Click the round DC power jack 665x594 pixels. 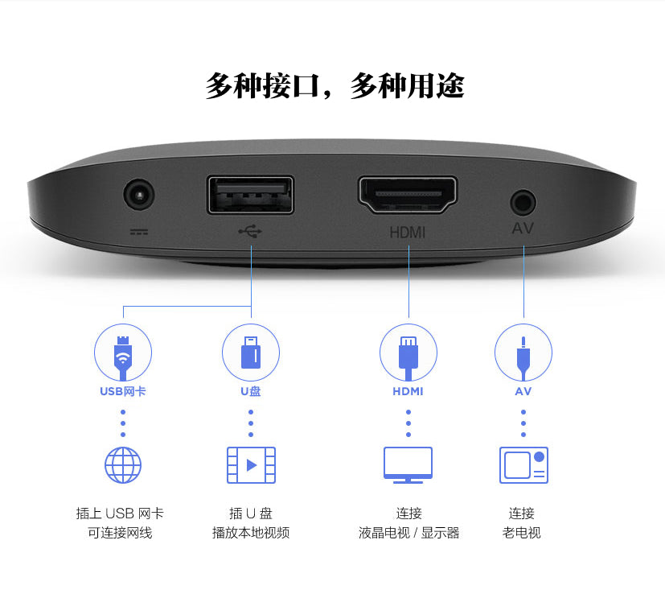click(x=138, y=196)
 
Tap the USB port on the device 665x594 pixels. click(x=250, y=195)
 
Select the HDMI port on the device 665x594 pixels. click(x=408, y=196)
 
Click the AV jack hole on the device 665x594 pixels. click(x=523, y=200)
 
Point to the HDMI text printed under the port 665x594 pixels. click(x=408, y=233)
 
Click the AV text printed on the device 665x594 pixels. click(x=523, y=229)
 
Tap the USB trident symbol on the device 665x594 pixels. click(x=250, y=232)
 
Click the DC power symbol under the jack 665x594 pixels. click(x=138, y=232)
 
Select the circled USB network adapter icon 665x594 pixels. click(x=123, y=353)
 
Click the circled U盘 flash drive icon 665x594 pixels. click(x=250, y=353)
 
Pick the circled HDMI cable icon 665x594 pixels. click(x=408, y=353)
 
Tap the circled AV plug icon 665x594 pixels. click(x=523, y=353)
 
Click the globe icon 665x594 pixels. click(x=123, y=464)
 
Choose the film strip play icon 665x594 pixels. click(x=251, y=464)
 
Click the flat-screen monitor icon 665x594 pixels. click(x=408, y=464)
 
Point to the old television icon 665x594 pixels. click(x=523, y=464)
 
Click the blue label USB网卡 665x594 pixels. click(x=123, y=392)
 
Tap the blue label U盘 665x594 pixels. click(x=250, y=392)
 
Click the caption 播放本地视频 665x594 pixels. click(x=250, y=533)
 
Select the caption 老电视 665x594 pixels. click(x=522, y=533)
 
